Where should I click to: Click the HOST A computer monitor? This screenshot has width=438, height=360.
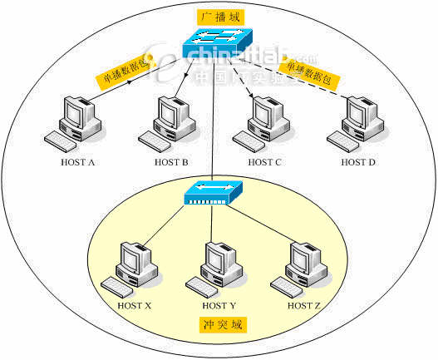pos(81,113)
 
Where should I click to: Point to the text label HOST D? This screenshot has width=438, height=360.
pos(359,162)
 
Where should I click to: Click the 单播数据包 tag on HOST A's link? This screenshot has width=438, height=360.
pos(125,76)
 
